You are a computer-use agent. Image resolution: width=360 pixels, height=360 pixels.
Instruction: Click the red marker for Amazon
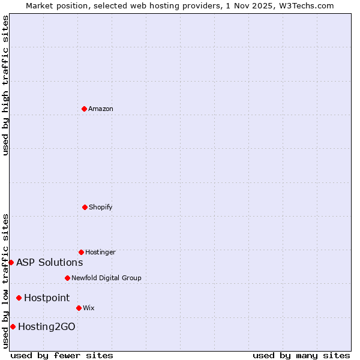click(84, 109)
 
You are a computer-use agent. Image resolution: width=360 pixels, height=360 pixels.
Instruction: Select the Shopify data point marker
click(85, 207)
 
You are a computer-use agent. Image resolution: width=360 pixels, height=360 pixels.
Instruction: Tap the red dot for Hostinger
click(81, 252)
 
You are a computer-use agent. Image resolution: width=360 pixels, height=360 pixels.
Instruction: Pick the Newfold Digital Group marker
click(67, 278)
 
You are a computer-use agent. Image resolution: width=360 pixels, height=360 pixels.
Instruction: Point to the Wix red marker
click(79, 308)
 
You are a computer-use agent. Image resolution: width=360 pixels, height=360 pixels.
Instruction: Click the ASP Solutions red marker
click(11, 262)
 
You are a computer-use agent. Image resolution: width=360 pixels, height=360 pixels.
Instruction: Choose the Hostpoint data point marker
click(19, 298)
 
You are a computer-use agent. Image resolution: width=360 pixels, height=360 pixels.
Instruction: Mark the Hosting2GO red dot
click(13, 326)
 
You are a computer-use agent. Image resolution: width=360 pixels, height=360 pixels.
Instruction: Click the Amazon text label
click(101, 109)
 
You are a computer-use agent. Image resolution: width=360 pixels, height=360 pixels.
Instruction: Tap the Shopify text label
click(101, 207)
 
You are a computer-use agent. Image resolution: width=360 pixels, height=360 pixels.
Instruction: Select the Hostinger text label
click(100, 252)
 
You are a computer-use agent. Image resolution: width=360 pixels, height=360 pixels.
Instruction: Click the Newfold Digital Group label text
click(106, 278)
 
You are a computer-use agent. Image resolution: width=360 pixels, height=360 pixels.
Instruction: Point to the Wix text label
click(89, 308)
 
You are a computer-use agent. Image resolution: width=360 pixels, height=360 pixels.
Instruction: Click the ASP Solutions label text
click(49, 262)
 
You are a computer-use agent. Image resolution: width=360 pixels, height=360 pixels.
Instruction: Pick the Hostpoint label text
click(47, 298)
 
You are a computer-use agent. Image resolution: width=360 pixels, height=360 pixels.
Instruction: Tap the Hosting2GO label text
click(47, 326)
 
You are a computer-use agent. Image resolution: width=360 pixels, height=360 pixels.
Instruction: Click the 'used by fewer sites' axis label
click(62, 355)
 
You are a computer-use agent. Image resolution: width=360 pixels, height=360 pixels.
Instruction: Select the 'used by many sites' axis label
click(301, 355)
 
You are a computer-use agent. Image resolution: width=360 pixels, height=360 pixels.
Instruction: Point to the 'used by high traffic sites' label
click(5, 85)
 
